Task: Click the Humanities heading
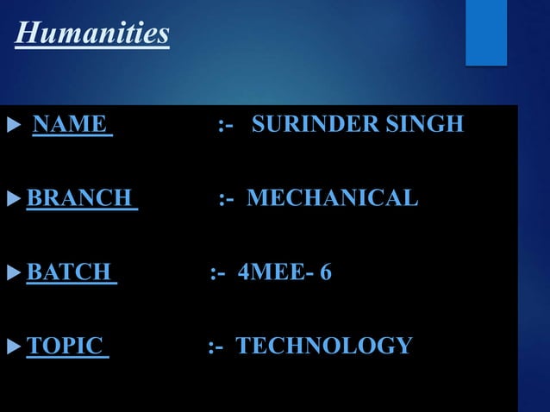point(93,34)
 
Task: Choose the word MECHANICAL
point(333,199)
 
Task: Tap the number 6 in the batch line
point(325,273)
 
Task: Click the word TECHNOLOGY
point(324,346)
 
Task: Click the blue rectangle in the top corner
point(486,32)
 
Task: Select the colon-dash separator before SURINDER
point(226,126)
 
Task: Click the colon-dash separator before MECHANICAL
point(226,200)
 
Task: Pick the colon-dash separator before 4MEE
point(217,274)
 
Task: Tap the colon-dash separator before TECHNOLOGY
point(216,347)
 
